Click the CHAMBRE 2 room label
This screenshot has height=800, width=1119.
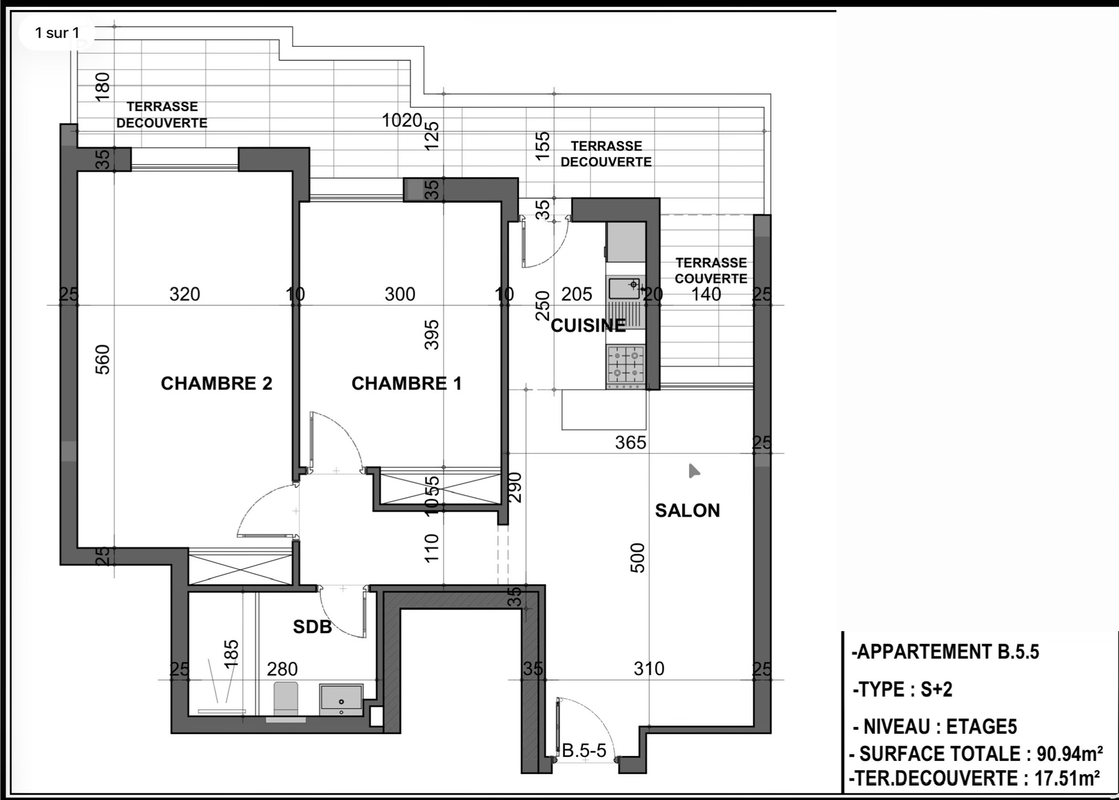(216, 383)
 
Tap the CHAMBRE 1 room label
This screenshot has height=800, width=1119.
(406, 383)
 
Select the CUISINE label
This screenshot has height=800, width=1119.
(588, 326)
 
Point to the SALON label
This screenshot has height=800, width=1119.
(687, 510)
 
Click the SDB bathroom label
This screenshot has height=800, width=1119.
(312, 627)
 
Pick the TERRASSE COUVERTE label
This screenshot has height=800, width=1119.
(711, 271)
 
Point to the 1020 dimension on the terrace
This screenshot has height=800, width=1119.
(402, 120)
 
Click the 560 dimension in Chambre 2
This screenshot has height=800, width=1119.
(103, 359)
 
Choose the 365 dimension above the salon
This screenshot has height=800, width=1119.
(630, 442)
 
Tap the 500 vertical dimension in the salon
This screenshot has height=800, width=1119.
(638, 558)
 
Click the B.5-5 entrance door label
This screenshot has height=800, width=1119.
(584, 751)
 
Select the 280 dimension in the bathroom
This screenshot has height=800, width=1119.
(282, 669)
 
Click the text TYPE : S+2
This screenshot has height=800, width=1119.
(903, 689)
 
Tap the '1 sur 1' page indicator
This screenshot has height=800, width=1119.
(57, 33)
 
